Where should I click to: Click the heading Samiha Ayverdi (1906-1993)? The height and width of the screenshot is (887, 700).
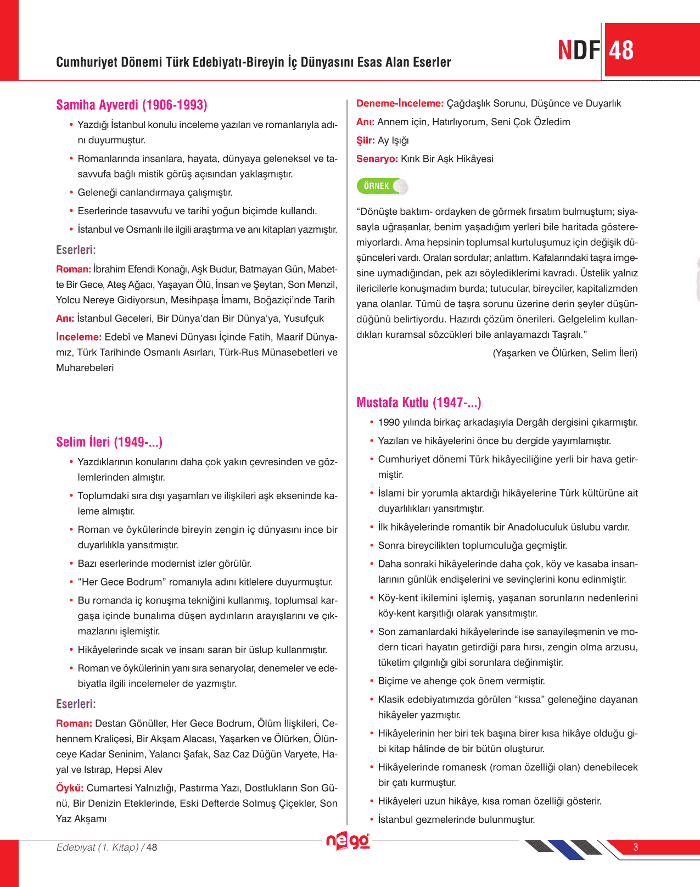coord(131,105)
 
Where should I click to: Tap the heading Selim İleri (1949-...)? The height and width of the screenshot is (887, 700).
coord(109,442)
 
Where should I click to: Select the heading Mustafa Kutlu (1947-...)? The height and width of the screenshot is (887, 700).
coord(418,403)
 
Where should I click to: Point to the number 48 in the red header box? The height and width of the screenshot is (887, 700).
coord(621,51)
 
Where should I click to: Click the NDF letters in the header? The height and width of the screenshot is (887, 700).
coord(579,51)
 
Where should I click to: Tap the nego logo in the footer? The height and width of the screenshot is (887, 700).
coord(348,841)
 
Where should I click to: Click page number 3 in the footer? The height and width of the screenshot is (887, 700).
coord(635,847)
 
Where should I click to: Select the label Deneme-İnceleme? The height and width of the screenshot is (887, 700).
coord(400,103)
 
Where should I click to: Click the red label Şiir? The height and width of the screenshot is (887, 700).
coord(365,141)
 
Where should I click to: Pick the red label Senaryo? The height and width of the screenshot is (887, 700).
coord(377,159)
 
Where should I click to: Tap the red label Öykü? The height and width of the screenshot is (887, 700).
coord(70,788)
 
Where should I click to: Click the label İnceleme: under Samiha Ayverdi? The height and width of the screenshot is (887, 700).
coord(79,337)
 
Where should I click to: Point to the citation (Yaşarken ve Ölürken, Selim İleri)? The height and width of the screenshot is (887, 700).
coord(565,353)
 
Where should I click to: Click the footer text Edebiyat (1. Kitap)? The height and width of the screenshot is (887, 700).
coord(97,847)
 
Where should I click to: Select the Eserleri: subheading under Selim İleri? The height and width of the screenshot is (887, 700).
coord(76,704)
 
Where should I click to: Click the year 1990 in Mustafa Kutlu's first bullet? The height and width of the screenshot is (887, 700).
coord(389,422)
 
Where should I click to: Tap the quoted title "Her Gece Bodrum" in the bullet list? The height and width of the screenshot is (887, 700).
coord(122,582)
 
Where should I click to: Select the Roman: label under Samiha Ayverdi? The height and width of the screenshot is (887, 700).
coord(74,269)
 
